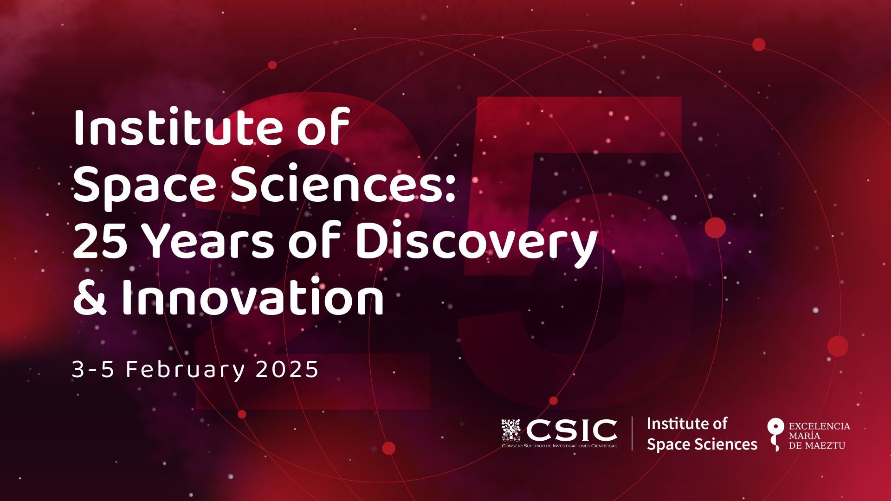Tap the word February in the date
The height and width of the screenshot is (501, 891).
pyautogui.click(x=185, y=370)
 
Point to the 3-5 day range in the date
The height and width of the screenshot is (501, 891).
pyautogui.click(x=93, y=370)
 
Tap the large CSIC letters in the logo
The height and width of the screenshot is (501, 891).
pyautogui.click(x=571, y=430)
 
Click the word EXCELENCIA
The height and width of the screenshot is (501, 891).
pyautogui.click(x=820, y=426)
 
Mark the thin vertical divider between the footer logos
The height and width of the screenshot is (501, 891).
pyautogui.click(x=632, y=433)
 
